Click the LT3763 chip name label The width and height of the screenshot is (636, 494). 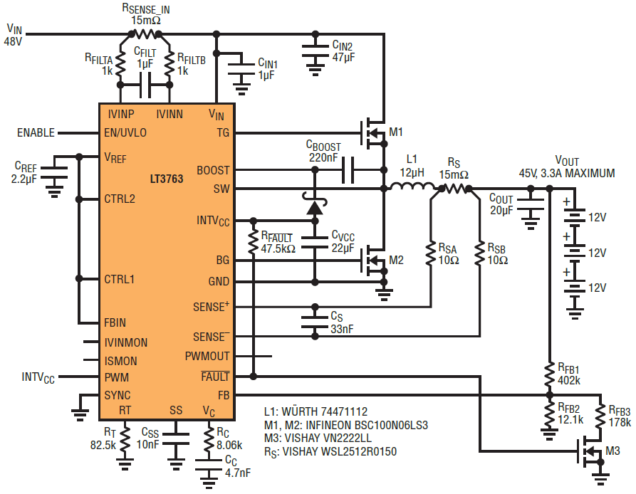[167, 179]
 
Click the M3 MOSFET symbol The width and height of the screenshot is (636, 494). [590, 451]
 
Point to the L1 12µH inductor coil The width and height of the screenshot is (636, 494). [412, 186]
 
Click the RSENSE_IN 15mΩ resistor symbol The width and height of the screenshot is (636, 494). [145, 34]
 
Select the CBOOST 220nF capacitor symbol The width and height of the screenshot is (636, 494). [348, 170]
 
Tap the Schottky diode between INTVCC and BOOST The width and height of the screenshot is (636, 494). [315, 205]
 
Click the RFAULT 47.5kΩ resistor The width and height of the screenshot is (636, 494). [253, 241]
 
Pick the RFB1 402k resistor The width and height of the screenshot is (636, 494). [549, 374]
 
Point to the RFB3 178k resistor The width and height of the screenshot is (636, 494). [600, 416]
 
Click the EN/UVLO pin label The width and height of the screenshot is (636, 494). [125, 133]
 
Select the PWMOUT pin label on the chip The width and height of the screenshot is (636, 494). [207, 356]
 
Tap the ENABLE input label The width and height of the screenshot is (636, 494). [36, 132]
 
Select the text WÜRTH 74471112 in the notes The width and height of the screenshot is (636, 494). [324, 411]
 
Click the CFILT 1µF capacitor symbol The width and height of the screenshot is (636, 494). [145, 85]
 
